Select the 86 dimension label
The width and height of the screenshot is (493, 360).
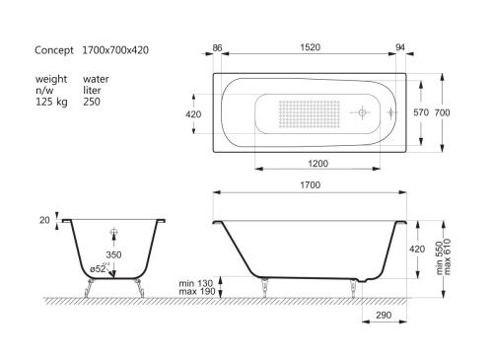coord(219,47)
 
